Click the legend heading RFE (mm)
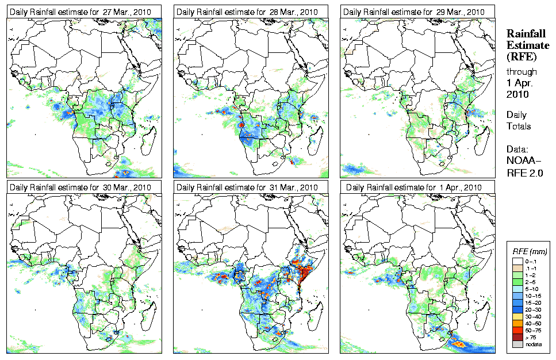(530, 252)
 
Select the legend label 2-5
(534, 283)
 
